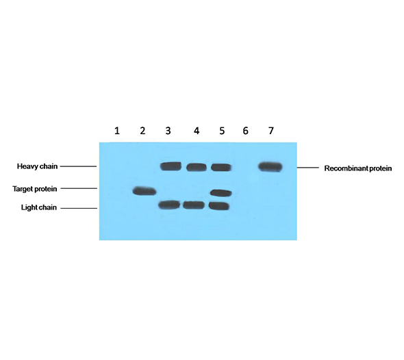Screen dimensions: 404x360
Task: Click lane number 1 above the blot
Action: point(117,131)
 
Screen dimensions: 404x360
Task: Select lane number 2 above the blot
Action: point(142,131)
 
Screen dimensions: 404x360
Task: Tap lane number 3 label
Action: point(168,131)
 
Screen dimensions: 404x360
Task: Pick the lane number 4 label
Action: point(197,131)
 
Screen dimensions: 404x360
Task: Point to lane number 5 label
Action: point(222,131)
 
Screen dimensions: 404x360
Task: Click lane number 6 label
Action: point(245,131)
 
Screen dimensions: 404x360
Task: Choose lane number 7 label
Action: point(270,131)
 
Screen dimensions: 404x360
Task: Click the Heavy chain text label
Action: point(37,166)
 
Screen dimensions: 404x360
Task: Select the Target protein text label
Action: point(35,189)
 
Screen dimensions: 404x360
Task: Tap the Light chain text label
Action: point(39,207)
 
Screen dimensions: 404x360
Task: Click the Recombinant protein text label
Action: point(358,168)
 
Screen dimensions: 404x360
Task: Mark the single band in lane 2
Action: point(144,191)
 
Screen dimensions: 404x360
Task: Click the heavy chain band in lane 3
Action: point(171,166)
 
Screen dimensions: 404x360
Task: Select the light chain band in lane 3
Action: point(169,205)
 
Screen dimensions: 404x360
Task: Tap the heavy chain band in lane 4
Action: point(197,168)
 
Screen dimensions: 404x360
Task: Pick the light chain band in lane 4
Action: point(194,205)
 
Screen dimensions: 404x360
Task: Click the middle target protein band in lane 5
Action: point(221,192)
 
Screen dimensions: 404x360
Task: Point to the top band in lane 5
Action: point(221,168)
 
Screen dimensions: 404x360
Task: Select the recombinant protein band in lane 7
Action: point(270,166)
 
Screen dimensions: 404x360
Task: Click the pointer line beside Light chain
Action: point(79,208)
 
